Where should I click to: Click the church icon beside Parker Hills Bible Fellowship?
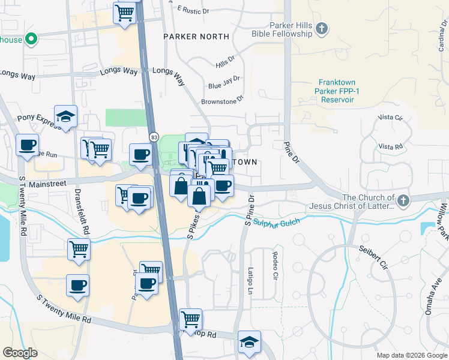[322, 28]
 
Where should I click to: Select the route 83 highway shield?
[154, 137]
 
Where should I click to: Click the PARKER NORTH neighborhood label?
[197, 37]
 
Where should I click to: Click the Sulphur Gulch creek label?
[277, 223]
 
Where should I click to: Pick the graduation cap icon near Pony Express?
[66, 116]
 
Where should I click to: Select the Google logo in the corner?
[20, 353]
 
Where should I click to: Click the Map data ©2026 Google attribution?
[411, 355]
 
